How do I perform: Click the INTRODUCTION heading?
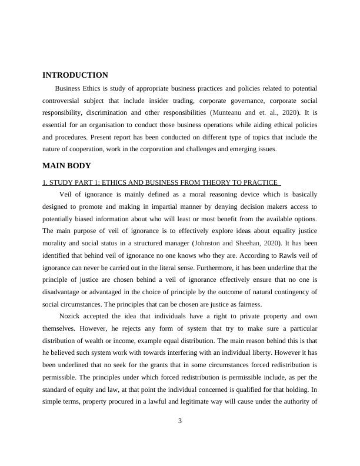pyautogui.click(x=75, y=75)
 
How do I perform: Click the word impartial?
pyautogui.click(x=174, y=207)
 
